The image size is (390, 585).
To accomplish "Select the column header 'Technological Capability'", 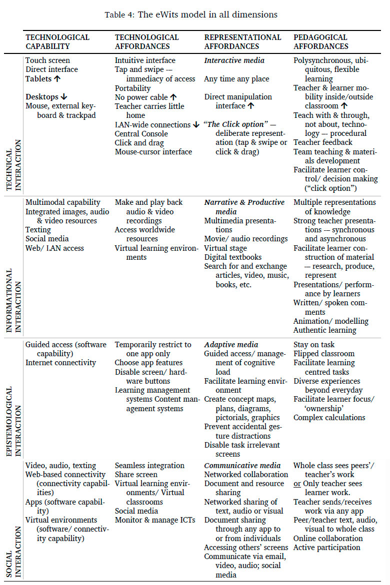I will coord(57,41).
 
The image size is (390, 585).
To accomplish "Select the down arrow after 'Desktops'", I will coord(63,97).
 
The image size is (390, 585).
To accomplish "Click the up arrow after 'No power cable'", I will coord(172,97).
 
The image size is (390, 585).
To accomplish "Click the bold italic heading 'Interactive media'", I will coord(234,60).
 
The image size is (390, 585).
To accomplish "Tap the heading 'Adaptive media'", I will coord(231,345).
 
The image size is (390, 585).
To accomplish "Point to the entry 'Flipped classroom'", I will coord(324,354).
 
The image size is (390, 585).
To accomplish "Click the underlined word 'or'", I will coord(297,484).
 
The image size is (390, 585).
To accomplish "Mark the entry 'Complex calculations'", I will coord(329,418).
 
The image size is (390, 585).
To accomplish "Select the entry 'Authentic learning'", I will coord(325,330).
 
